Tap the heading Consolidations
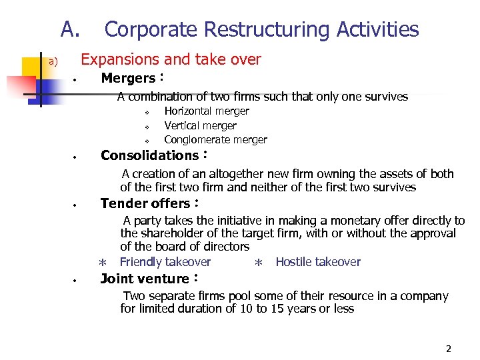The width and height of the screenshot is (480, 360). click(x=149, y=156)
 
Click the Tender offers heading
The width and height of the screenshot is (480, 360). click(x=145, y=204)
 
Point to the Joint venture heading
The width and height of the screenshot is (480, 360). click(x=145, y=279)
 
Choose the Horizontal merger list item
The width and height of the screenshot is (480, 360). click(x=207, y=111)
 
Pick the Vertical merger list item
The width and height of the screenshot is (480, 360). click(x=200, y=125)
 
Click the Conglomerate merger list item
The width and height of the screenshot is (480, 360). click(x=215, y=140)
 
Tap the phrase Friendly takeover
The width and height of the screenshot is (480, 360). click(x=165, y=262)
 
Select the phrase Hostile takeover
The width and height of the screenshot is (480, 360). click(x=318, y=262)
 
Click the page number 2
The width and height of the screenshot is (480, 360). click(x=449, y=349)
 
